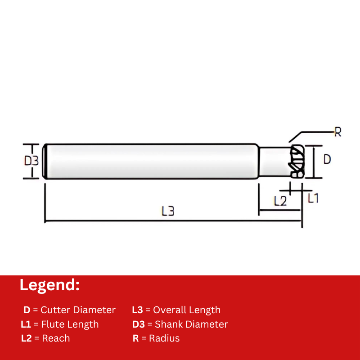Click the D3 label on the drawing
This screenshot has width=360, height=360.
click(x=31, y=161)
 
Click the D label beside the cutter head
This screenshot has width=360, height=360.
click(x=327, y=159)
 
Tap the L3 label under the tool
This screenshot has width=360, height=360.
click(x=168, y=211)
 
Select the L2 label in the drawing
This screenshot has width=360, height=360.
click(x=280, y=201)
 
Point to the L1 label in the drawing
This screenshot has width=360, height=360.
click(x=313, y=198)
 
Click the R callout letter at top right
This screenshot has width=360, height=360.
click(x=337, y=132)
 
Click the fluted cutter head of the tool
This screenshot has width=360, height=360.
click(x=297, y=161)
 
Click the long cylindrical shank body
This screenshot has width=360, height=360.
click(x=151, y=161)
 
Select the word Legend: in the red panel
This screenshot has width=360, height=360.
click(x=49, y=285)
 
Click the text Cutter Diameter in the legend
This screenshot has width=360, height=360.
click(x=78, y=310)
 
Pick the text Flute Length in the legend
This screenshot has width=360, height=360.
click(x=70, y=324)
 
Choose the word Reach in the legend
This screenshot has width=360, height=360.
click(x=56, y=338)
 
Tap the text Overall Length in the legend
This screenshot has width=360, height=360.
click(x=187, y=310)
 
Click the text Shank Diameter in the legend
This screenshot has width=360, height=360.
click(x=191, y=324)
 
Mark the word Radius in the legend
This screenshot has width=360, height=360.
click(x=164, y=338)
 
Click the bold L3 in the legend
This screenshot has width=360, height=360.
click(x=137, y=310)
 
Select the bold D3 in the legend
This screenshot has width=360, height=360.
click(x=139, y=324)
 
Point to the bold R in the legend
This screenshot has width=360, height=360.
click(x=136, y=338)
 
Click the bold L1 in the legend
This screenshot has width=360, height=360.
click(x=26, y=324)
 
